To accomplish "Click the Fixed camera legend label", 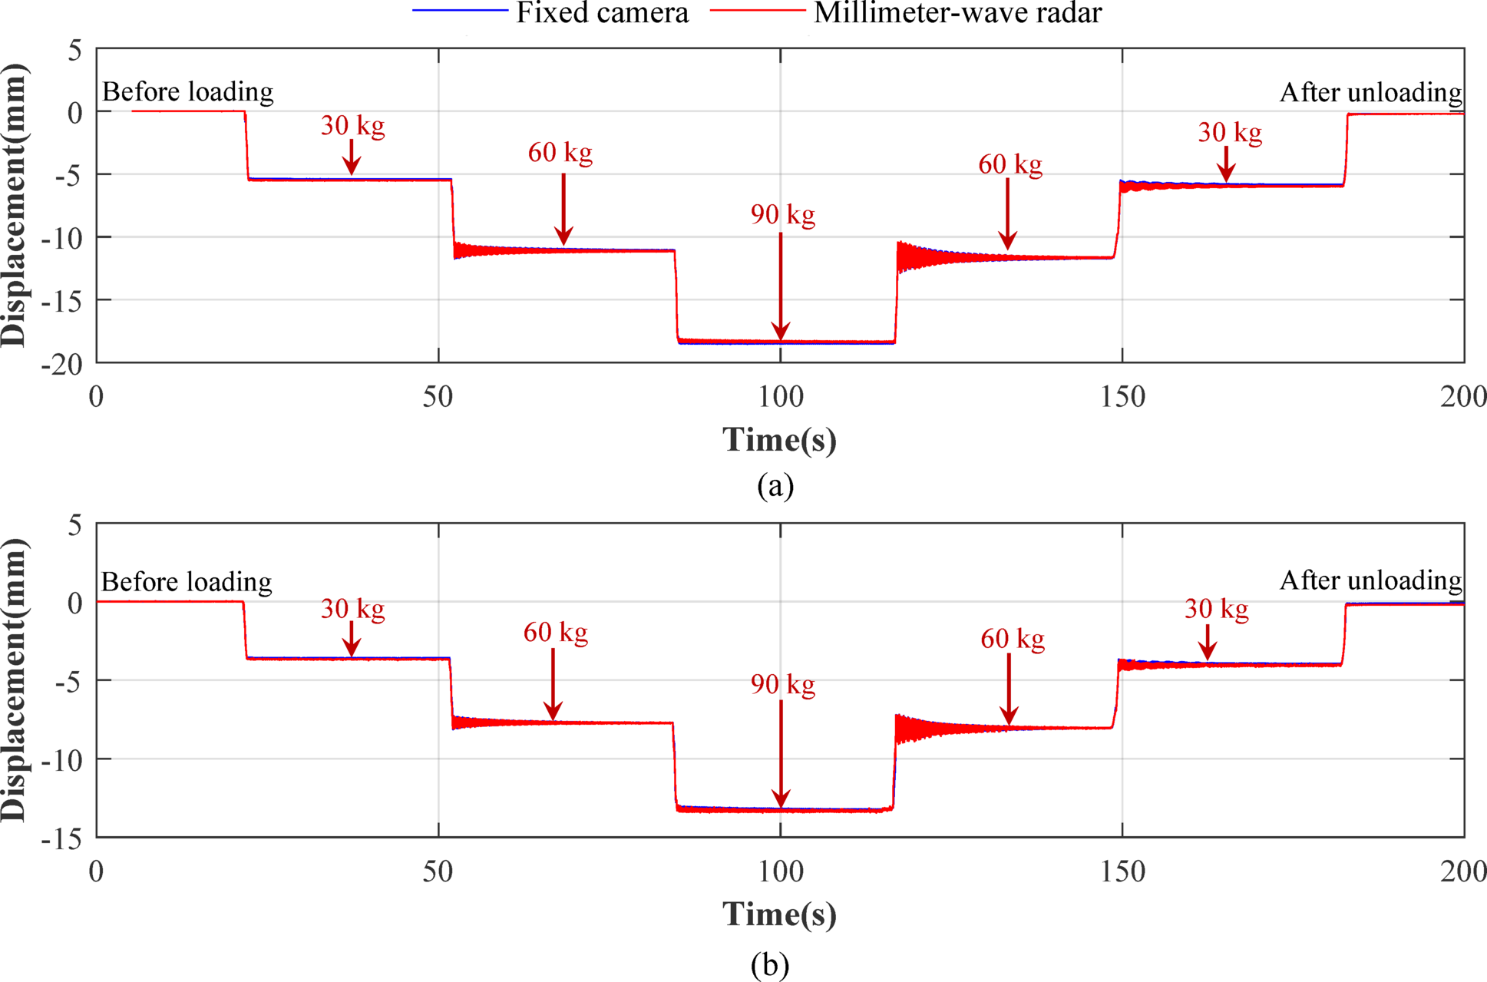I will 602,13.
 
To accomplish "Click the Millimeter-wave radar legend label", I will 957,13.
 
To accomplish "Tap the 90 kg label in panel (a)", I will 782,215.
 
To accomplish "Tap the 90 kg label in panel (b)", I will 782,684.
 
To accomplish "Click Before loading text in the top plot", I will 187,92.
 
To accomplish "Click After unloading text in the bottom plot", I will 1370,580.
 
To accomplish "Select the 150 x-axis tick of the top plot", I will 1122,397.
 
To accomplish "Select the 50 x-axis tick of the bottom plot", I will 438,871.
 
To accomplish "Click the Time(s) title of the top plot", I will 779,440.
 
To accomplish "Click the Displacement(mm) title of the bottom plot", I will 14,680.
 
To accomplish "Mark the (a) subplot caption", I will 775,486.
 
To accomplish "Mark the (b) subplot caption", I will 770,965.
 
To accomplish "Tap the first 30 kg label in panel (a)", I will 352,126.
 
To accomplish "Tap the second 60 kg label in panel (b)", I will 1012,639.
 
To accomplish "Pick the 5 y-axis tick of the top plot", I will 74,51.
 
